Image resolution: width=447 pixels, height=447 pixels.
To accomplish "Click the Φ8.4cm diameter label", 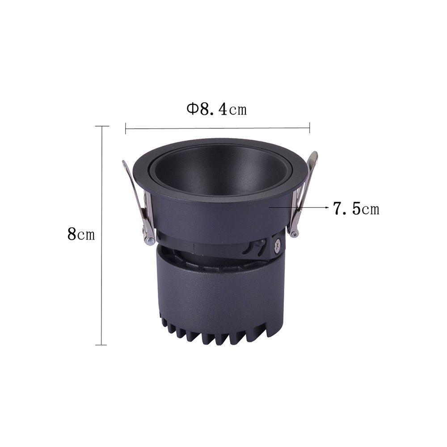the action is pyautogui.click(x=217, y=109).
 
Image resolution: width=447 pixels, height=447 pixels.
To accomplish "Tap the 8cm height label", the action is pyautogui.click(x=81, y=234).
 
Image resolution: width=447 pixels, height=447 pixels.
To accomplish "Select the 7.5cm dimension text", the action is pyautogui.click(x=356, y=208).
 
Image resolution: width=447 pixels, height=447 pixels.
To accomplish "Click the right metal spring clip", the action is pyautogui.click(x=303, y=194).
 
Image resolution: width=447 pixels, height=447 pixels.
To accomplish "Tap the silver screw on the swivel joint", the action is pyautogui.click(x=277, y=246).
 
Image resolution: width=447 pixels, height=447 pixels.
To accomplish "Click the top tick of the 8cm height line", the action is pyautogui.click(x=102, y=126).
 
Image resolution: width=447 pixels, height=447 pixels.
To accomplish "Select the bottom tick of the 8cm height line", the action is pyautogui.click(x=101, y=345).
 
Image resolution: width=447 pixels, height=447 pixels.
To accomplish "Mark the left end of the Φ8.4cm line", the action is pyautogui.click(x=126, y=128).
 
